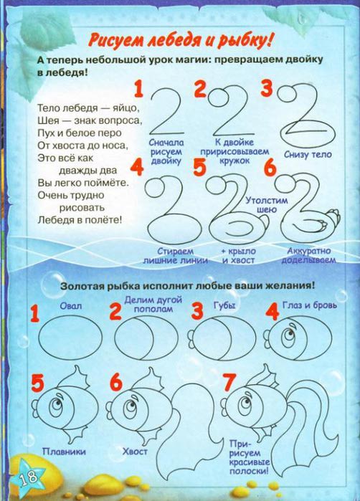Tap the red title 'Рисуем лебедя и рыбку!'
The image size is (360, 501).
181,42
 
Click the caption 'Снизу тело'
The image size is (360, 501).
308,154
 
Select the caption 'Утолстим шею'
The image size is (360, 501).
266,205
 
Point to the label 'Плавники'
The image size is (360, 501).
64,451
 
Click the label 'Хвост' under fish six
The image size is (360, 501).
135,451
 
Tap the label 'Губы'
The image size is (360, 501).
224,305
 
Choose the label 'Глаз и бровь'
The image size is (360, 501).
310,305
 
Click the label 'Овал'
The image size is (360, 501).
71,306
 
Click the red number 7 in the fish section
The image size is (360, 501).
229,383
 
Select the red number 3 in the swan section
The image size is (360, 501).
267,88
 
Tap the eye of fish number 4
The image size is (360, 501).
289,336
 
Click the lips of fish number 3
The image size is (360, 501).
191,337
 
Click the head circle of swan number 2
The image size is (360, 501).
218,97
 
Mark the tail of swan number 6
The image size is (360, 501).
333,218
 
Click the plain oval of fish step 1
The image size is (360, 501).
70,338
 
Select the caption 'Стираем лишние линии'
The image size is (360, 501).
175,256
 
